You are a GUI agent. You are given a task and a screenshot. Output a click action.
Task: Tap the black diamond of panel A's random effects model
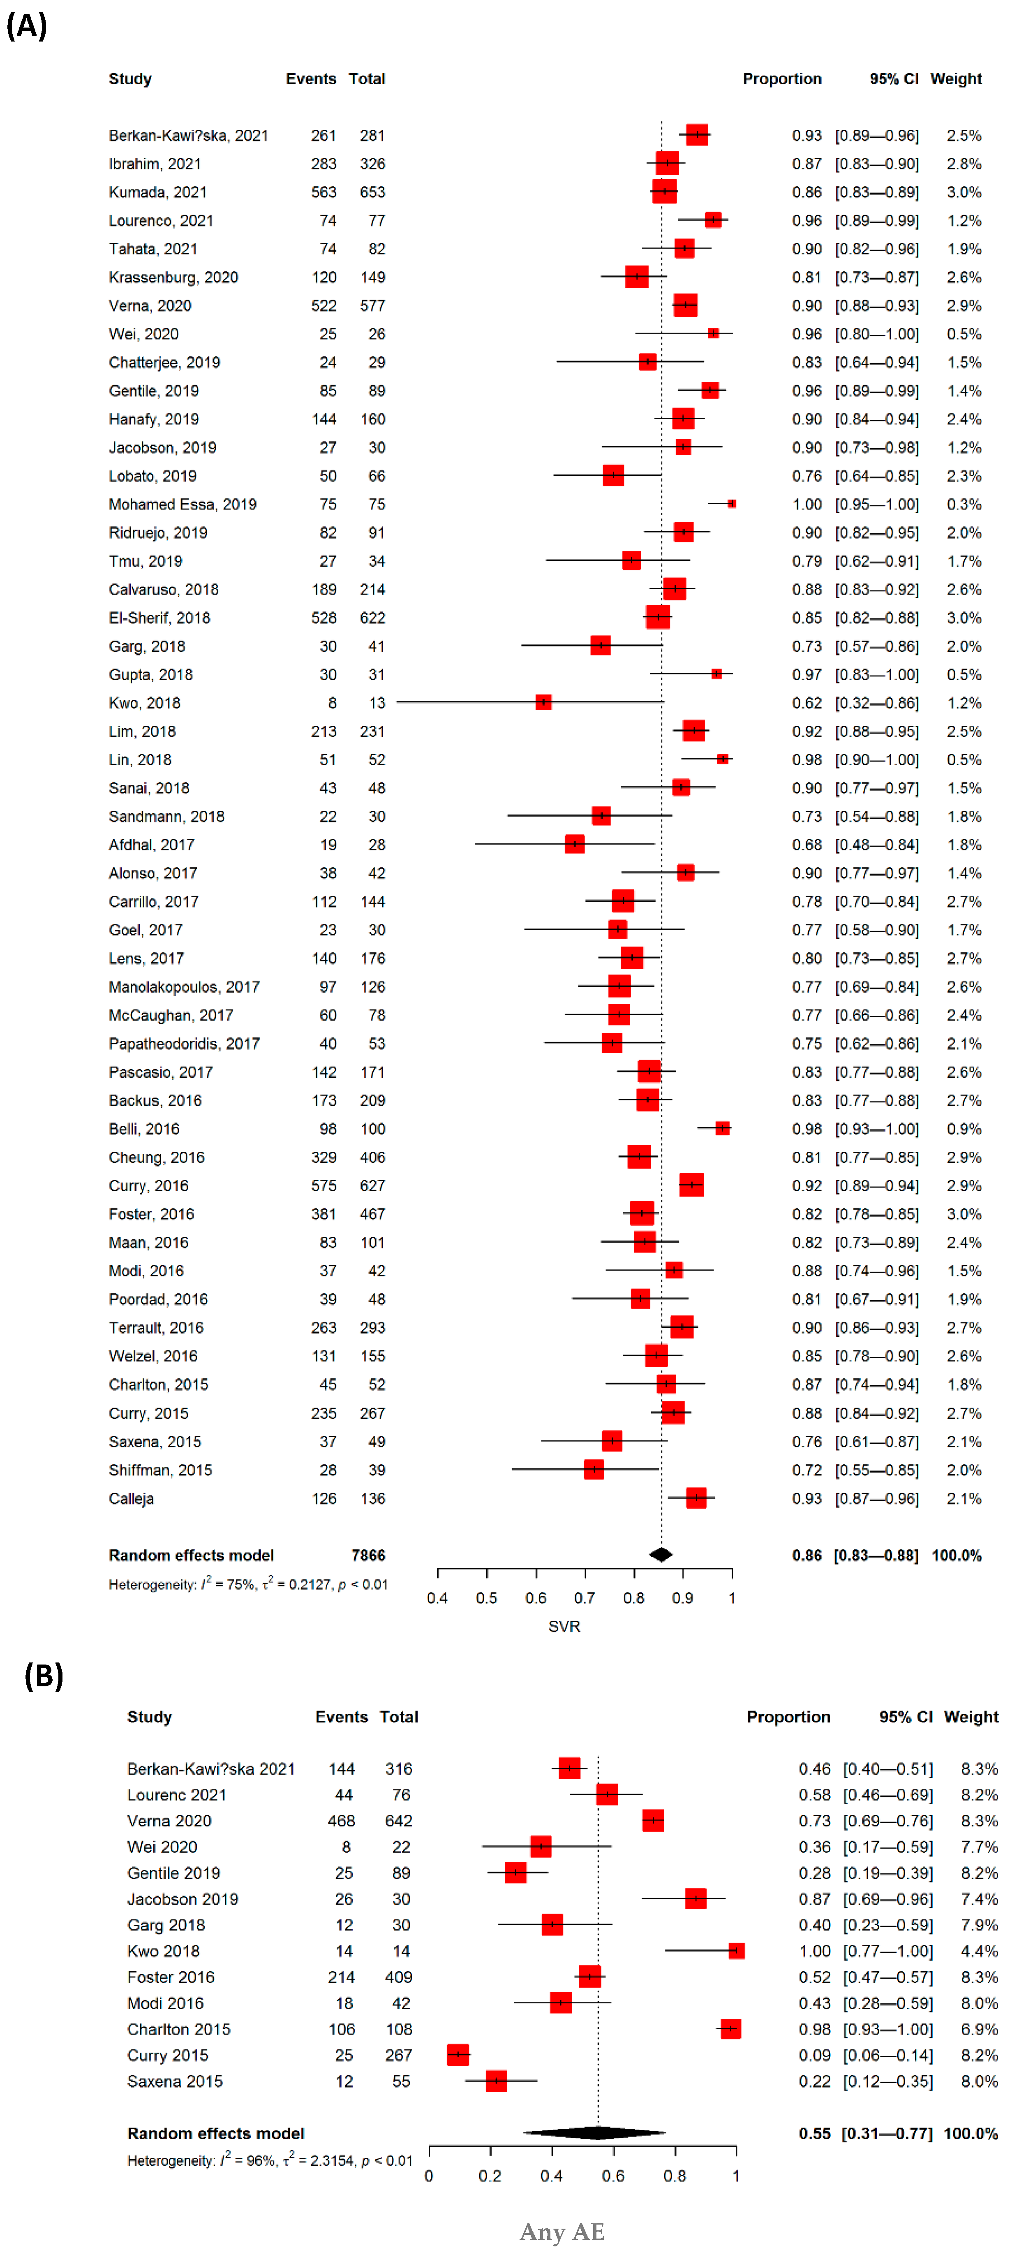(661, 1555)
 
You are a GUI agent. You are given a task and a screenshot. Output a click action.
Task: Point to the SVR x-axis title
(564, 1626)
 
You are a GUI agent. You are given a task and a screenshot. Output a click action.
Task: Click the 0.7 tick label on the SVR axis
(584, 1598)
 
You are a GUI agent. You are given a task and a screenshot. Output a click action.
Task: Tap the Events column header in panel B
(342, 1718)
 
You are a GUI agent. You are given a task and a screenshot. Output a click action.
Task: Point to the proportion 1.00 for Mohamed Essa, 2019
(806, 504)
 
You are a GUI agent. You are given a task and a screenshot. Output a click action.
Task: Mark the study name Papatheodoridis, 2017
(184, 1044)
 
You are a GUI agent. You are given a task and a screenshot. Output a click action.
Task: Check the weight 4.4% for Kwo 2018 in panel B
(979, 1951)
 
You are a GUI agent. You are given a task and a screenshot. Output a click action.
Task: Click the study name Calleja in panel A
(131, 1499)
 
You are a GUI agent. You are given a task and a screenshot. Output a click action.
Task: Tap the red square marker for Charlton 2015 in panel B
(730, 2029)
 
